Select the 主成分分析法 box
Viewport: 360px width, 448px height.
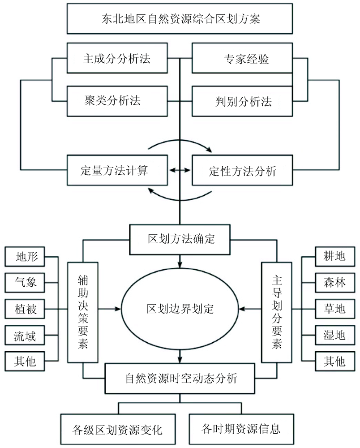pos(117,58)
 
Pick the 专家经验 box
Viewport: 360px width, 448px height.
pos(243,58)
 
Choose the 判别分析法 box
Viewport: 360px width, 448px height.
pos(243,101)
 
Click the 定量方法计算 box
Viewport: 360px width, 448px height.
pos(117,170)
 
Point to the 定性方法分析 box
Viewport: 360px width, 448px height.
pos(243,170)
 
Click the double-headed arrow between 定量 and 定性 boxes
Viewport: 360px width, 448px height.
pos(180,170)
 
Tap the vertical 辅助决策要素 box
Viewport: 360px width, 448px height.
pos(83,312)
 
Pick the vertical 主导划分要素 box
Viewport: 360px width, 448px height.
pos(277,312)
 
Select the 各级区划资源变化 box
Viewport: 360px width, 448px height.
pos(117,429)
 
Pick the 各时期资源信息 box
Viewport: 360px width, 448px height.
pos(242,429)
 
